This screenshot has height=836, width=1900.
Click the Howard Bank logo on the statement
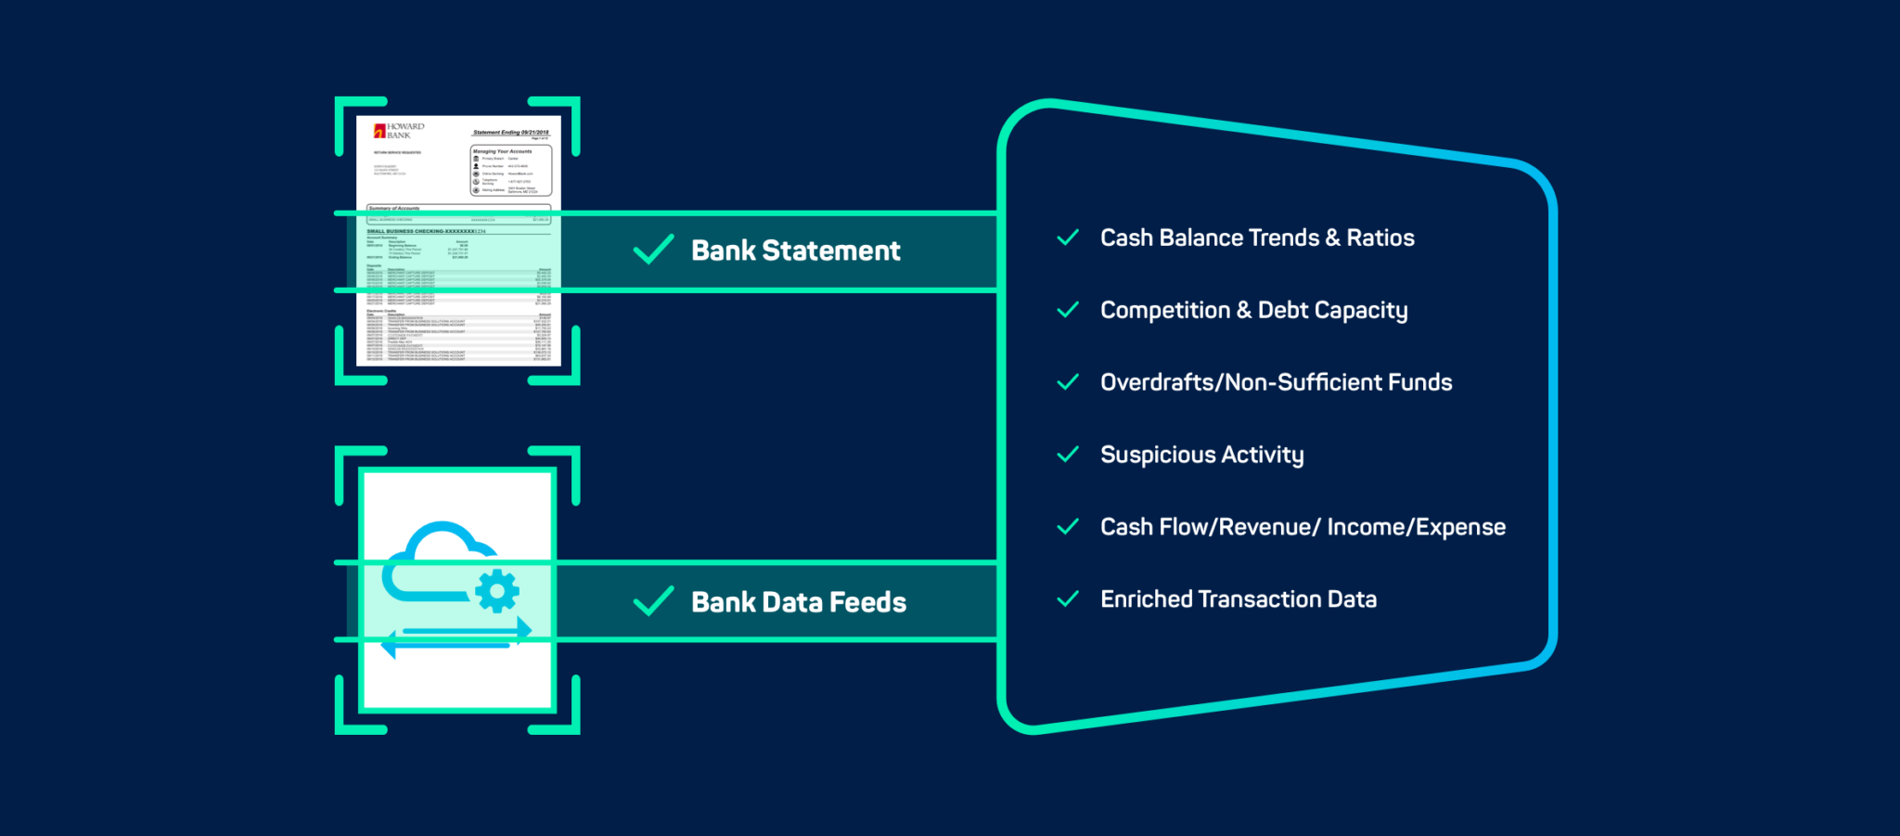398,131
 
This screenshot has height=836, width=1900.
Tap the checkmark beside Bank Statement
653,250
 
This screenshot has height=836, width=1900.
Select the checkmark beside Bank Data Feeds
653,601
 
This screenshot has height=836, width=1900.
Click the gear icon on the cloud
497,591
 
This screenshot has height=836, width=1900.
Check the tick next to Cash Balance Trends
1068,238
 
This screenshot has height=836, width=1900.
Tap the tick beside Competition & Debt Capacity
1068,310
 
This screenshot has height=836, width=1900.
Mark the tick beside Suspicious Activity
1068,455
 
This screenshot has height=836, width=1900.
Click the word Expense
1460,527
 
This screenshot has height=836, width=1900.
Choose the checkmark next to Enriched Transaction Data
1068,599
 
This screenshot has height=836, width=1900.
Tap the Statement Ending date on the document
510,133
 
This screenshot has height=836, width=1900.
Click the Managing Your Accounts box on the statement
511,171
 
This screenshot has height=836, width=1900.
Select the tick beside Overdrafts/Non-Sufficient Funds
1068,382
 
